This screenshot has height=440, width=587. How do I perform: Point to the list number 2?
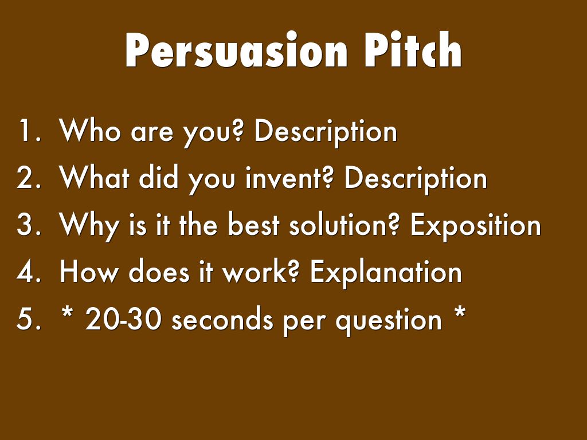28,178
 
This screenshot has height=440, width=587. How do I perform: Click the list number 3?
28,225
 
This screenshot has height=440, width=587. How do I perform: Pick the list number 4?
28,272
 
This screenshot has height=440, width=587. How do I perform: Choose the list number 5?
28,319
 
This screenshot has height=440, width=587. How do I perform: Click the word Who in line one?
92,131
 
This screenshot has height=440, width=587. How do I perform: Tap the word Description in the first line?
326,132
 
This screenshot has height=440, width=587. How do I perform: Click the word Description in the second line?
416,179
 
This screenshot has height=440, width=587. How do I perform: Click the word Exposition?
475,226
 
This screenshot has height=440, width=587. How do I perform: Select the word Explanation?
386,273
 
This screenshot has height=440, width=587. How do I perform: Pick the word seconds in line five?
223,319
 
